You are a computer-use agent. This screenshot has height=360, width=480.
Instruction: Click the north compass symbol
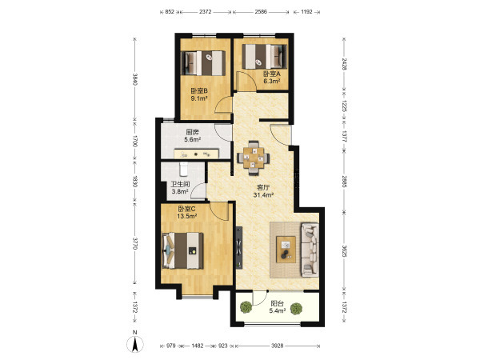(x=135, y=342)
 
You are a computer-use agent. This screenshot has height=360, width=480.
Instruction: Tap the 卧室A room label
(x=272, y=74)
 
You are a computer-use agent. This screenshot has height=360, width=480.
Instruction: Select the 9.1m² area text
(x=199, y=98)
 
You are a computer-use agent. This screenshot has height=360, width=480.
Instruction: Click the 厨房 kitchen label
(x=192, y=132)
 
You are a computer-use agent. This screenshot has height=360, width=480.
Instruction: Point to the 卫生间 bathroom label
(x=180, y=185)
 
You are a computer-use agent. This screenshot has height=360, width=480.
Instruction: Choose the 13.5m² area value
(x=186, y=216)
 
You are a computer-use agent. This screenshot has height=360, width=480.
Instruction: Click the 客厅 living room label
(x=263, y=187)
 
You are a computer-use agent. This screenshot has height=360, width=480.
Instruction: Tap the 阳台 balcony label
(x=277, y=304)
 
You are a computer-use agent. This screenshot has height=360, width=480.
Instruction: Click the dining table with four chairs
(x=254, y=158)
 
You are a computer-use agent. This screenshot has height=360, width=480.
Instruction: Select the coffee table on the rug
(x=286, y=249)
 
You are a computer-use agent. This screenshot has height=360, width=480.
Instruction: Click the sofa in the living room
(x=310, y=250)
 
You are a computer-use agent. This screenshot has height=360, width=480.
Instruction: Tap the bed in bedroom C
(x=182, y=250)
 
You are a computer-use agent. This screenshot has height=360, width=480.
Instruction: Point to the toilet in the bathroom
(x=184, y=170)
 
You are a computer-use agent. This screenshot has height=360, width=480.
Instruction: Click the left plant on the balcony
(x=246, y=306)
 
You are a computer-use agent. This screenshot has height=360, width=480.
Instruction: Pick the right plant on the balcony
(x=296, y=309)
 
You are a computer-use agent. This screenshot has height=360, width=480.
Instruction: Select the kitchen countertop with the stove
(x=196, y=154)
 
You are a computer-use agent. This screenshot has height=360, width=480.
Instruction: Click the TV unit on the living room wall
(x=239, y=248)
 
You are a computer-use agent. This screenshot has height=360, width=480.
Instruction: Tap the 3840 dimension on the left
(x=135, y=79)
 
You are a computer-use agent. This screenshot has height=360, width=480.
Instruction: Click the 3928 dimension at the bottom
(x=278, y=346)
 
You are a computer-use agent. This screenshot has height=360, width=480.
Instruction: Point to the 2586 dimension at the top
(x=261, y=12)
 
